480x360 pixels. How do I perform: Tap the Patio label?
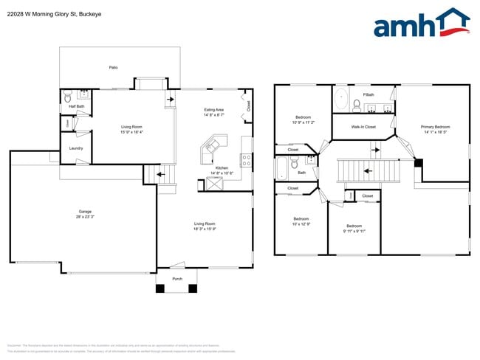coord(113,68)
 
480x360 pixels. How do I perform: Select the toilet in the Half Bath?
coord(67,96)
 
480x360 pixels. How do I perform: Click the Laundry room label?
coord(75,148)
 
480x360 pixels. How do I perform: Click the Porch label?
coord(177,279)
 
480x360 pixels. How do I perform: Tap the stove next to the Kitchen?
coord(247,159)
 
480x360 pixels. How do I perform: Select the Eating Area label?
coord(214,110)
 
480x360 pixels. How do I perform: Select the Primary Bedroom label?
coord(435,127)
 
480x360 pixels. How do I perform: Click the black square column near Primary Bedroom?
coord(418,162)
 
